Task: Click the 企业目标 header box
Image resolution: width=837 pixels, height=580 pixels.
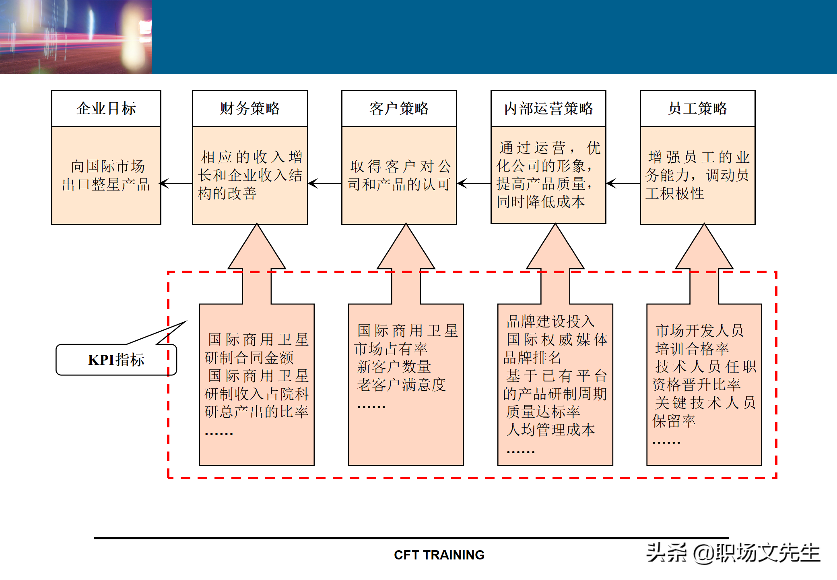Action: [106, 108]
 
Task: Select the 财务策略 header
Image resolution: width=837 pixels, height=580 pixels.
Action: [250, 108]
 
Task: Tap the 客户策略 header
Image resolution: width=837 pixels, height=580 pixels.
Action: [399, 108]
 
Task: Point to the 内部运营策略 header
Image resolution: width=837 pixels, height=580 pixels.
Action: [548, 108]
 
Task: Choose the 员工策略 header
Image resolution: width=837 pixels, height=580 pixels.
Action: [698, 108]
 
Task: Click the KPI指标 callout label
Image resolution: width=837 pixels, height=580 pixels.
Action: [116, 360]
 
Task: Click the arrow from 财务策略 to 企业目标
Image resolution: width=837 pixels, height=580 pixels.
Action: [176, 184]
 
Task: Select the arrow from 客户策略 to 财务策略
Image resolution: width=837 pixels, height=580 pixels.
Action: [325, 184]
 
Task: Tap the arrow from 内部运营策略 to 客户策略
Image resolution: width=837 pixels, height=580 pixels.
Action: [474, 184]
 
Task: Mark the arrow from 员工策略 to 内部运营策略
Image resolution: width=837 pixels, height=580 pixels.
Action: [623, 184]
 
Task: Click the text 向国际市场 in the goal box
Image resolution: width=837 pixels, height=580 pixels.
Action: [107, 166]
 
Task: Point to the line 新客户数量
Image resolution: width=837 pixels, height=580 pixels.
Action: [394, 367]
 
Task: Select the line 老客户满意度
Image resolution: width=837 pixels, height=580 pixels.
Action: [401, 385]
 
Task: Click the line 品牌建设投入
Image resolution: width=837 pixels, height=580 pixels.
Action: [550, 321]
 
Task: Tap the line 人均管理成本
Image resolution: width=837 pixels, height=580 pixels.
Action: [550, 430]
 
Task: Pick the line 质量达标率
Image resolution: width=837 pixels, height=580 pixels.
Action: [543, 412]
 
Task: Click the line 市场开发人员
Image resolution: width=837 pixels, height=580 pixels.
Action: [699, 330]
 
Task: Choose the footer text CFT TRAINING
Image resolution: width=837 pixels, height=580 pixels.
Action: [439, 555]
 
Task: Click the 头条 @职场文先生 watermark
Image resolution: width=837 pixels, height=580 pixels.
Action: [733, 553]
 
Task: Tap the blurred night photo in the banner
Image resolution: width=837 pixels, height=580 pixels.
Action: [76, 37]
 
